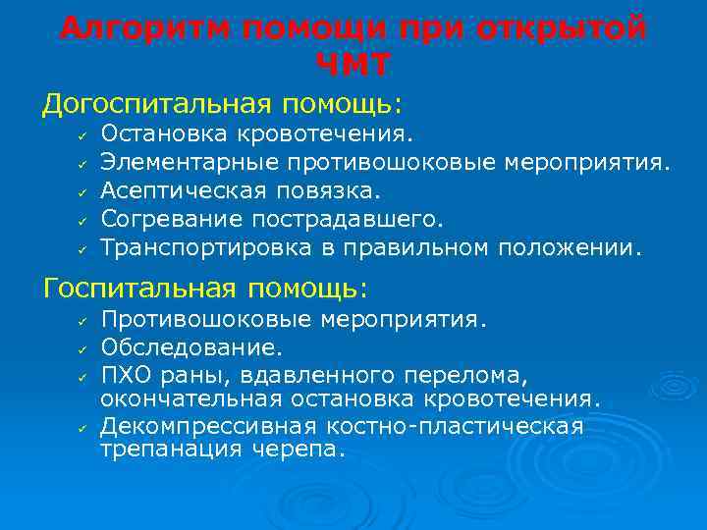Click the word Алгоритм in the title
click(x=138, y=28)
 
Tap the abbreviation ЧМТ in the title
click(x=353, y=65)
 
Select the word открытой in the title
click(x=569, y=28)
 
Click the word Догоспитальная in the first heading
click(x=158, y=103)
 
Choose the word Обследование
click(x=191, y=346)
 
